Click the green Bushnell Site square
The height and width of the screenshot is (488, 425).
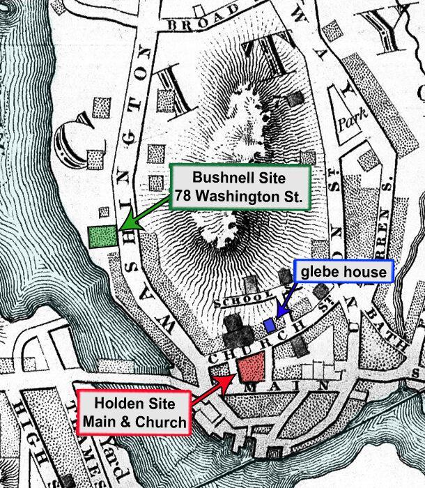click(x=103, y=237)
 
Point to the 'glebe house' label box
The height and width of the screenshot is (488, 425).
click(x=345, y=272)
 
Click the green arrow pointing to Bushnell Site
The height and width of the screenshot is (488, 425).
click(x=144, y=213)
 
